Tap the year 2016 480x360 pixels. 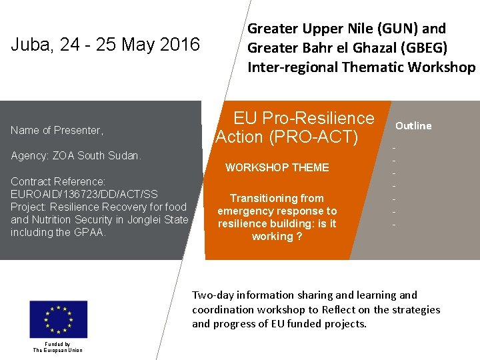pyautogui.click(x=178, y=45)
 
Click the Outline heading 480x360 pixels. pyautogui.click(x=413, y=125)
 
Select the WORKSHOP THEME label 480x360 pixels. pyautogui.click(x=277, y=167)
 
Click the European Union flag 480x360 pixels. pyautogui.click(x=58, y=319)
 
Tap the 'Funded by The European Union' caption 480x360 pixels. pyautogui.click(x=58, y=347)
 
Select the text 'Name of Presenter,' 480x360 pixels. pyautogui.click(x=57, y=130)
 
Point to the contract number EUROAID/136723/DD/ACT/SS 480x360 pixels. pyautogui.click(x=84, y=194)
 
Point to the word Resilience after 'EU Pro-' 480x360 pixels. pyautogui.click(x=334, y=118)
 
